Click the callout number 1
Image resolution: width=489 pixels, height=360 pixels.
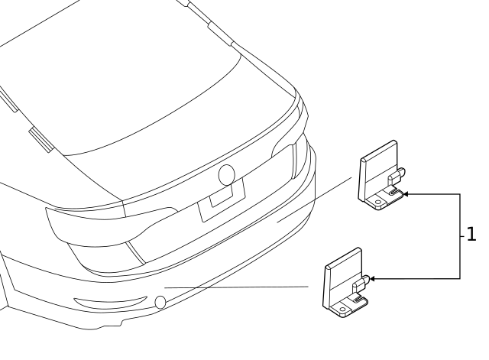pos(471,234)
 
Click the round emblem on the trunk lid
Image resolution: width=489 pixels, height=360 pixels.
pos(227,175)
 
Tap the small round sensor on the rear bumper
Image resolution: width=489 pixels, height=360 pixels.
pos(160,302)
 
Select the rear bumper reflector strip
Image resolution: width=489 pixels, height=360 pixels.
pos(110,302)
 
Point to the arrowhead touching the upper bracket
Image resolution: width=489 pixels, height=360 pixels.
pos(406,194)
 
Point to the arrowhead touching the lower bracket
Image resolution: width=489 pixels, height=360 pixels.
pos(372,278)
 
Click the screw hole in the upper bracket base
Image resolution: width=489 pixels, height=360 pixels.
pos(378,202)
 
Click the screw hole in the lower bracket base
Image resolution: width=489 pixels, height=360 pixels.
pos(343,310)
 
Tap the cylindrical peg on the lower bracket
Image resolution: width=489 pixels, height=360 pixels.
pos(361,283)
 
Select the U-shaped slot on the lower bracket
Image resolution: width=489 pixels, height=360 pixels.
pos(360,300)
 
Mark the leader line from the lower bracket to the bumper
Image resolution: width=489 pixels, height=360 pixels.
pos(236,287)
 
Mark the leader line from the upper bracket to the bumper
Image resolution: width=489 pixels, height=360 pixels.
pos(314,199)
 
